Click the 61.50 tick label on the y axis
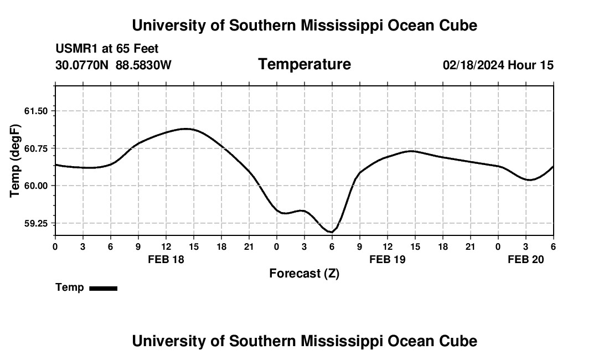[x=36, y=111]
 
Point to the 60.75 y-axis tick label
[x=36, y=148]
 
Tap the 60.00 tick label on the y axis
[x=36, y=186]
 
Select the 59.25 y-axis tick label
[x=36, y=223]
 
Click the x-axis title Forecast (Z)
[x=304, y=273]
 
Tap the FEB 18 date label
[x=166, y=259]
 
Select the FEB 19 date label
[x=388, y=259]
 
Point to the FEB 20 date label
[x=526, y=259]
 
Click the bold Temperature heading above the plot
[x=304, y=64]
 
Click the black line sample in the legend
[x=103, y=288]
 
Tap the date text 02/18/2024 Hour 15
[x=498, y=65]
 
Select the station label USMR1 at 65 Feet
[x=107, y=49]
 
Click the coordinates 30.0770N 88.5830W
[x=113, y=65]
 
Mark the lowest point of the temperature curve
[x=331, y=232]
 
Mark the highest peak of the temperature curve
[x=187, y=128]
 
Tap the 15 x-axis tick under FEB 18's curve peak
[x=194, y=246]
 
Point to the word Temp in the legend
[x=70, y=287]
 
